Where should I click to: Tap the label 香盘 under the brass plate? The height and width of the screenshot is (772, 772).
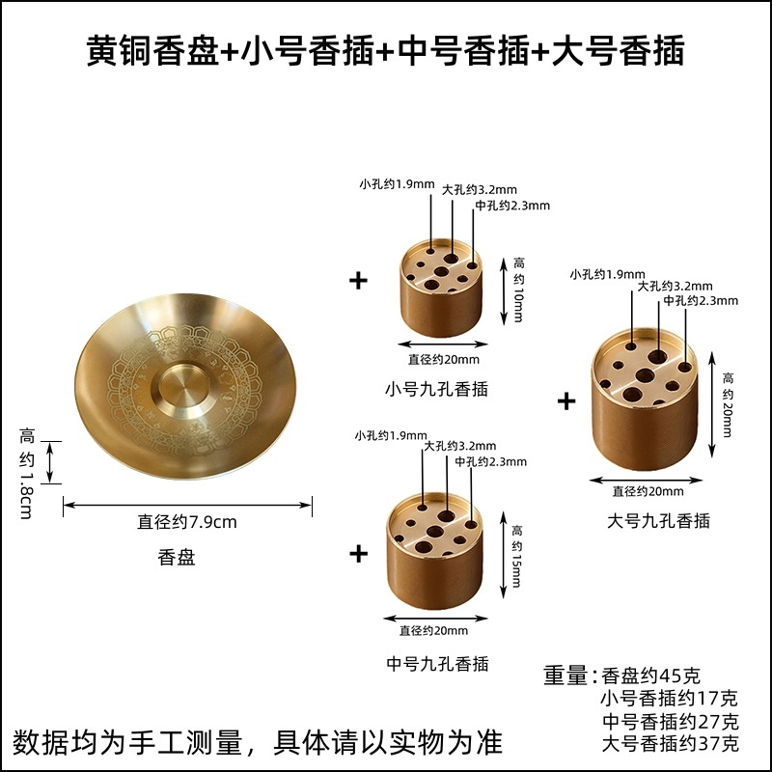(x=176, y=557)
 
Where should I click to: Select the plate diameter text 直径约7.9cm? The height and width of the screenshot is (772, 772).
(x=187, y=522)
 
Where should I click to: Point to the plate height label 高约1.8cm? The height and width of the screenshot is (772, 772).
(x=26, y=473)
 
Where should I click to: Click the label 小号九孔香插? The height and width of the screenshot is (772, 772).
(x=437, y=389)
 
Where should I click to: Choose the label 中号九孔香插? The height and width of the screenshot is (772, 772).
(x=437, y=663)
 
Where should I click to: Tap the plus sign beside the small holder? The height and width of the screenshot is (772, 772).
(x=359, y=281)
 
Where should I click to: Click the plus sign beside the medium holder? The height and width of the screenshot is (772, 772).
(x=359, y=553)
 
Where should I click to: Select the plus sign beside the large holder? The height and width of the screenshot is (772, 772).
(x=566, y=400)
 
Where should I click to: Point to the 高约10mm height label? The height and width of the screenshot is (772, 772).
(x=518, y=289)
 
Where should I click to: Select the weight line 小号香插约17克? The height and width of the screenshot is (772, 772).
(x=670, y=699)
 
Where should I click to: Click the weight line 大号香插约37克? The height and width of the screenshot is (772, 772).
(x=670, y=744)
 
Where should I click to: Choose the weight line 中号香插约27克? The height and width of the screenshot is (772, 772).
(x=670, y=722)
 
